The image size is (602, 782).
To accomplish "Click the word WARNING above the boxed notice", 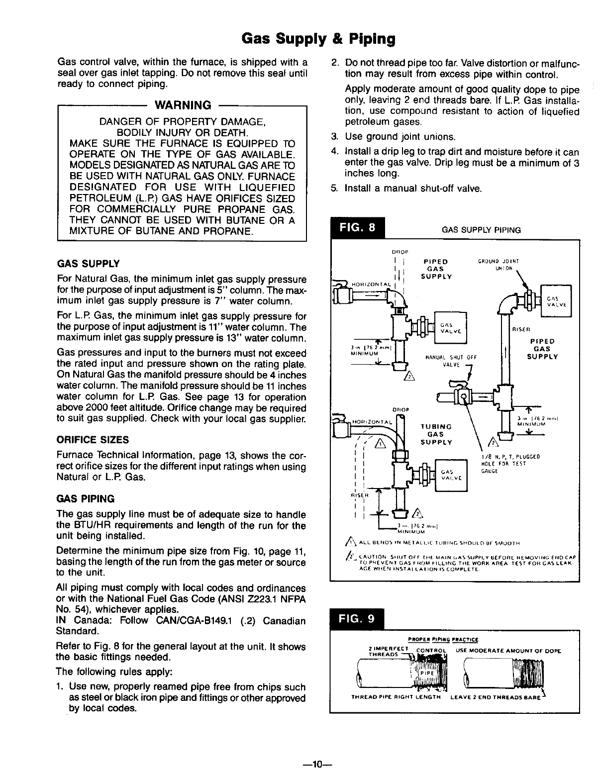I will (184, 105).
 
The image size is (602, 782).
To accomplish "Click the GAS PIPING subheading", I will (86, 498).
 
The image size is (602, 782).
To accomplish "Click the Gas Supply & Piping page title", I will (318, 38).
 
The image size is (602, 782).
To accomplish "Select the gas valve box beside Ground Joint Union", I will (556, 300).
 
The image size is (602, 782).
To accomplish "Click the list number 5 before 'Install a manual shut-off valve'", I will (335, 189).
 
